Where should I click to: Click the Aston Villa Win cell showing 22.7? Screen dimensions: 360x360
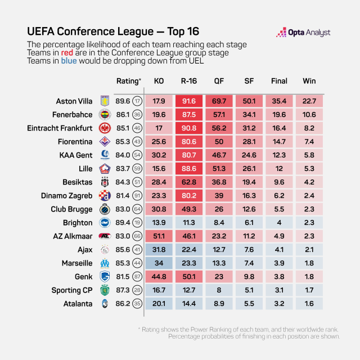[x=309, y=101]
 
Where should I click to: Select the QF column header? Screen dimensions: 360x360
[x=220, y=81]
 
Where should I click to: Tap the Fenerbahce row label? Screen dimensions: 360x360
[x=72, y=115]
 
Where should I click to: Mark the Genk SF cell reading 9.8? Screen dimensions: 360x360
[x=249, y=277]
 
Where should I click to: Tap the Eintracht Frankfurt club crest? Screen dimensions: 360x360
[x=104, y=128]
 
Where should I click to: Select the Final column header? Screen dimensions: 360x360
[x=280, y=81]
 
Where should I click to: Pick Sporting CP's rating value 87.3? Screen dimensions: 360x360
[x=123, y=290]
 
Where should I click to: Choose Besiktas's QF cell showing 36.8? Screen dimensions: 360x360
[x=219, y=182]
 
